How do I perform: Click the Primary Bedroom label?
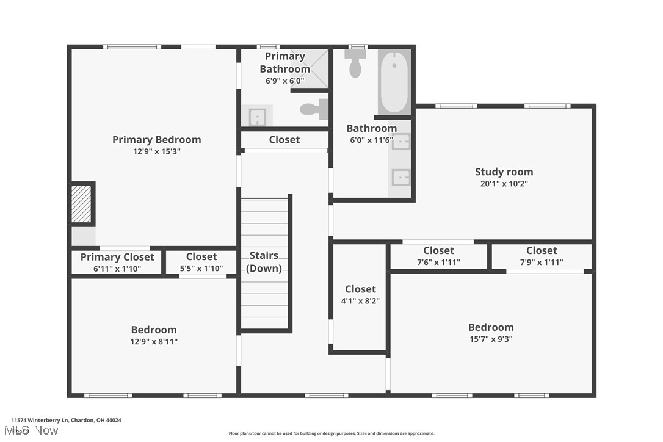156,140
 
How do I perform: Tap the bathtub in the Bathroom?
394,82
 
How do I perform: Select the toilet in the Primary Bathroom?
315,109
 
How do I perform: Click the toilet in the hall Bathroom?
355,63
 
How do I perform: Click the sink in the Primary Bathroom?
257,115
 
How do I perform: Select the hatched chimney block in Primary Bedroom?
81,204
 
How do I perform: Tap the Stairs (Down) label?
264,262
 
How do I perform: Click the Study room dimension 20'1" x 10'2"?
504,183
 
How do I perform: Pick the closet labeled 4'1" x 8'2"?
360,294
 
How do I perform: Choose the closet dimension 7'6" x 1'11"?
438,262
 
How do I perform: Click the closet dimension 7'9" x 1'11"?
542,262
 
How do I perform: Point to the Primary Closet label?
117,257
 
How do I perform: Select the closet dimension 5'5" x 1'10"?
201,268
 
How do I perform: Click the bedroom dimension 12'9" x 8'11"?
153,341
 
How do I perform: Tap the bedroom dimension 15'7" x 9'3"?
491,339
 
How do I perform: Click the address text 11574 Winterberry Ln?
40,420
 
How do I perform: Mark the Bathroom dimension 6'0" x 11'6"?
371,139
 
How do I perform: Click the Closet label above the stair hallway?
284,140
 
